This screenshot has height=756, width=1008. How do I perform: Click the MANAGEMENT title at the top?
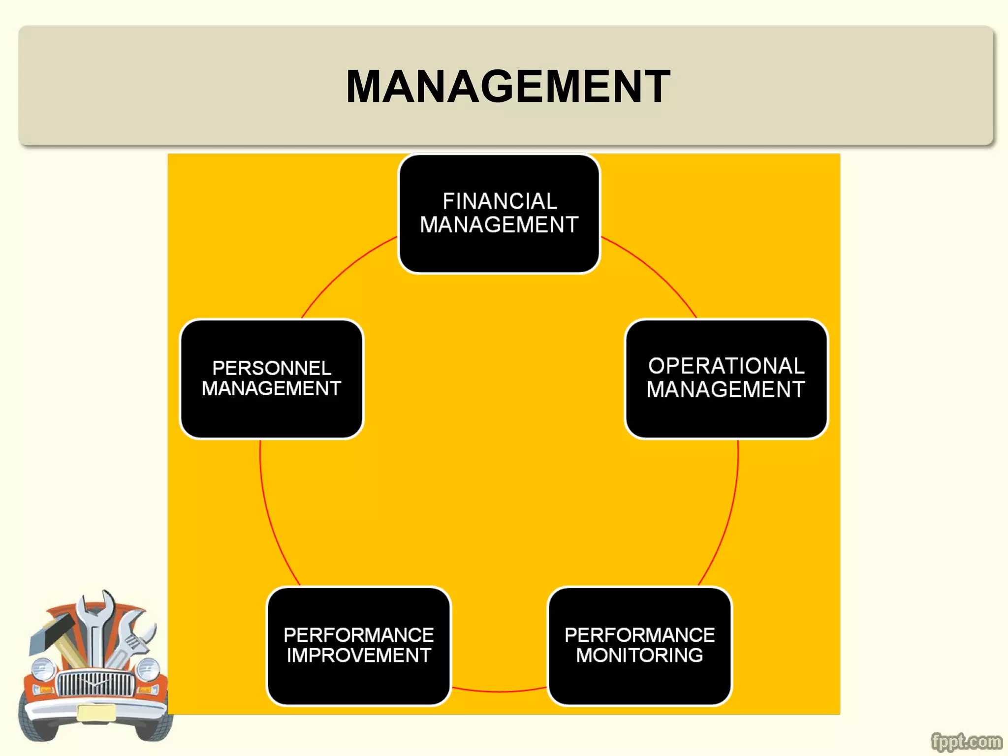point(508,87)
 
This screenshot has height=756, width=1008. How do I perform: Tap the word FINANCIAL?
point(499,201)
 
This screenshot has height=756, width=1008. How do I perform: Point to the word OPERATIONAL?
point(726,366)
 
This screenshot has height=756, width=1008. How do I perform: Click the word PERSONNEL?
point(271,368)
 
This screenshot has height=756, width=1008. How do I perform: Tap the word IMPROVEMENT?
point(358,656)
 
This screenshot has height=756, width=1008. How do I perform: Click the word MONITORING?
point(639,656)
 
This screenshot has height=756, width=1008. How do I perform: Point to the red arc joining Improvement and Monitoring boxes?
point(499,692)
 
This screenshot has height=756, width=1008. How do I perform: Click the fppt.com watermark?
point(966,741)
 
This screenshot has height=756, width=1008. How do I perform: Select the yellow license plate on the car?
point(96,713)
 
